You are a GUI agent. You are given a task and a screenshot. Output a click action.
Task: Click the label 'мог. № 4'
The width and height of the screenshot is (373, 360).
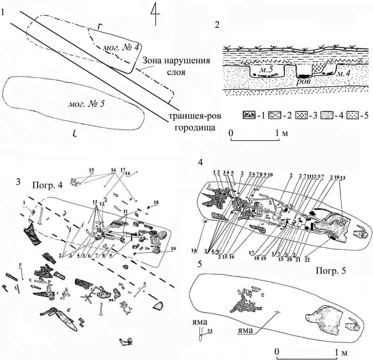click(117, 48)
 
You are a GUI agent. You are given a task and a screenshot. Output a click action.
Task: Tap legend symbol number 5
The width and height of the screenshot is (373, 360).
click(356, 116)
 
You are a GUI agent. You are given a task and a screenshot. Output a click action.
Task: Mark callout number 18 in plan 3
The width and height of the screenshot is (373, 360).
click(156, 202)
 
